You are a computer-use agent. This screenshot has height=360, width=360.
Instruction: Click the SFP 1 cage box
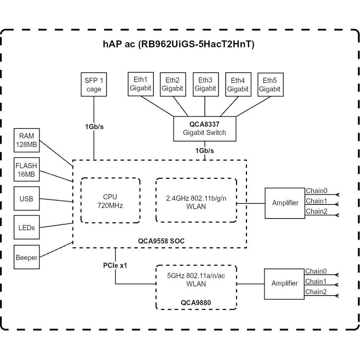[94, 84]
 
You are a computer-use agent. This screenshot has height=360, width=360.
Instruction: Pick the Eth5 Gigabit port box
[270, 84]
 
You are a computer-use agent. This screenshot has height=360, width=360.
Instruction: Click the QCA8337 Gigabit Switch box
[205, 128]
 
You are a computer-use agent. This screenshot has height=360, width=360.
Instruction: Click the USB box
[27, 199]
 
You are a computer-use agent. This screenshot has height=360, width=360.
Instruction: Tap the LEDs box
[27, 228]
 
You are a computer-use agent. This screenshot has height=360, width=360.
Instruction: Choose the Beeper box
[27, 257]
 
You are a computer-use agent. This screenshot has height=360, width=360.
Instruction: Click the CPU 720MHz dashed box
[110, 201]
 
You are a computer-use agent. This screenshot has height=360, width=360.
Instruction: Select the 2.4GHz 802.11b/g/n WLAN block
[196, 201]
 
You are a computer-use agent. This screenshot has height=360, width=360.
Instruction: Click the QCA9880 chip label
[196, 303]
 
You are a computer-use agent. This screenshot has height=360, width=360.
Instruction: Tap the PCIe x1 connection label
[114, 266]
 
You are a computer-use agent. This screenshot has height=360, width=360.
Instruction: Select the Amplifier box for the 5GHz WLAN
[284, 283]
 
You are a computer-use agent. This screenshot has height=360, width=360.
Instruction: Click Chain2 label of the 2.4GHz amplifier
[316, 212]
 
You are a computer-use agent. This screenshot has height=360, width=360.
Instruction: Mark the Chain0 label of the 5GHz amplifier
[316, 271]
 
